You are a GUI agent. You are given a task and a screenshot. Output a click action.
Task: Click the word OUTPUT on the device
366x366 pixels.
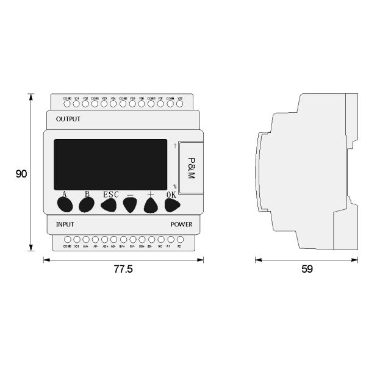click(68, 119)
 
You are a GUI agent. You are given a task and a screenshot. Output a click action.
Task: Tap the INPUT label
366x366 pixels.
click(65, 224)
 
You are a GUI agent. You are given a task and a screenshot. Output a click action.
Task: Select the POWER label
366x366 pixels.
click(181, 224)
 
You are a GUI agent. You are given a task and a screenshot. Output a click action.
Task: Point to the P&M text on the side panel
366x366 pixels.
click(191, 167)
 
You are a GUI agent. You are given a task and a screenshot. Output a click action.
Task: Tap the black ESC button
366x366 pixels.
click(109, 206)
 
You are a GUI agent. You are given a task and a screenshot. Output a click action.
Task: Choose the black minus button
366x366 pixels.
click(130, 206)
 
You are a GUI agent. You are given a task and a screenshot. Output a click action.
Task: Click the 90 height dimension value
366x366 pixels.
click(21, 174)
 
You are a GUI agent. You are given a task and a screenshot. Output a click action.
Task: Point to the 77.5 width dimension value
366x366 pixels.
click(123, 269)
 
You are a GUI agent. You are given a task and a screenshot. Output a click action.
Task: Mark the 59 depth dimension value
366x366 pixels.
click(307, 269)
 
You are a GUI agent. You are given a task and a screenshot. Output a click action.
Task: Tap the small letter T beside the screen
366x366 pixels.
click(175, 146)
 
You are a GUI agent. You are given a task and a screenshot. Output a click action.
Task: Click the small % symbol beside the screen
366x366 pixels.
click(174, 187)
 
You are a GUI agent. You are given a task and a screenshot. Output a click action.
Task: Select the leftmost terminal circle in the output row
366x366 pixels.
click(67, 104)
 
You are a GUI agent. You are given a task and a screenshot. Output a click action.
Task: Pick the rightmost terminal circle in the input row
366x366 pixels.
click(179, 240)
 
